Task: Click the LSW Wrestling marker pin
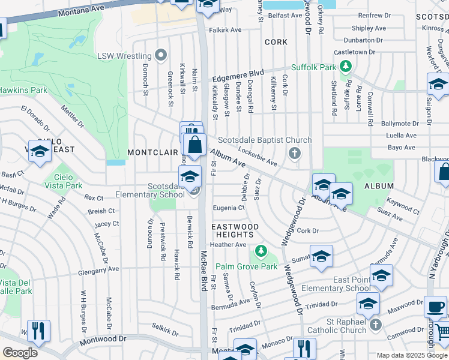tap(160, 56)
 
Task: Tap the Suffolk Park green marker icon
tap(346, 67)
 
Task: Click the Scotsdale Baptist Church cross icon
tap(294, 154)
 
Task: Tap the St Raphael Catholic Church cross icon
tap(376, 325)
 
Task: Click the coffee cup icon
tap(435, 307)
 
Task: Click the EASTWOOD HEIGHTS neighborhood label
tap(235, 230)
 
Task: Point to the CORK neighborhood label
tap(276, 42)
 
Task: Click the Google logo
tap(20, 353)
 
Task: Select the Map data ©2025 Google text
tap(411, 355)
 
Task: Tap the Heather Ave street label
tap(228, 245)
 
